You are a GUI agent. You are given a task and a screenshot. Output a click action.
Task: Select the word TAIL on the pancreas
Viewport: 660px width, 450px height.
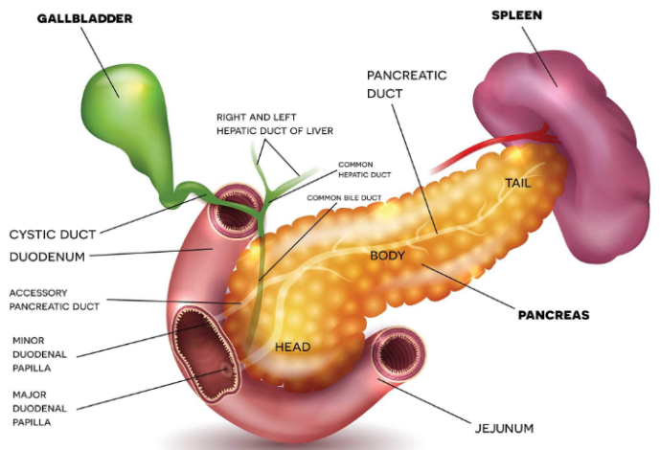(518, 182)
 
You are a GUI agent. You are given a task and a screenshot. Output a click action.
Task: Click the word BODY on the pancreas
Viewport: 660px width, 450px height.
(387, 256)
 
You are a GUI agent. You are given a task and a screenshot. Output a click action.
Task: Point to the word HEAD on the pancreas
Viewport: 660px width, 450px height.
(292, 346)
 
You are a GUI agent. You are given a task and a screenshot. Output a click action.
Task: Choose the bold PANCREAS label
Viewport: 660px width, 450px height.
(554, 314)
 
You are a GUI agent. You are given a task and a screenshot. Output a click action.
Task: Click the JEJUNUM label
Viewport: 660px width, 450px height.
(502, 427)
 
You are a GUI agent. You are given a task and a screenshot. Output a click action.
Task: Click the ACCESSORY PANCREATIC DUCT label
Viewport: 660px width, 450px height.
(54, 300)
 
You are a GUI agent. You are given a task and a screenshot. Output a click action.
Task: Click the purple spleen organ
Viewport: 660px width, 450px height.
(575, 144)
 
